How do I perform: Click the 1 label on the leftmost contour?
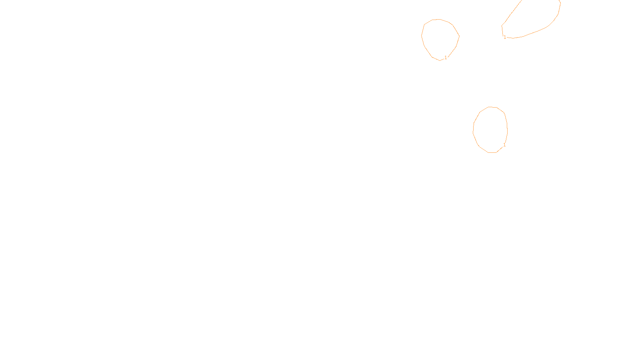pos(446,58)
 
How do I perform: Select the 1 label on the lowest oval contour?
pos(504,145)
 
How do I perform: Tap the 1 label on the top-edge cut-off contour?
pos(505,37)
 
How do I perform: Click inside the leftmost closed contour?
pos(440,39)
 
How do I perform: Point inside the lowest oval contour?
pos(490,130)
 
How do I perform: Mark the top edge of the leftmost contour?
pos(439,19)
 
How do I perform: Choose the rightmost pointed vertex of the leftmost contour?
pos(459,36)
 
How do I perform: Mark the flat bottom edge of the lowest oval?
pos(492,152)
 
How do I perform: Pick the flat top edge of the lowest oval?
pos(492,107)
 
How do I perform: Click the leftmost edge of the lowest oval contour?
pos(473,130)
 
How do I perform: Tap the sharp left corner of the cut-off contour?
pos(502,26)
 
